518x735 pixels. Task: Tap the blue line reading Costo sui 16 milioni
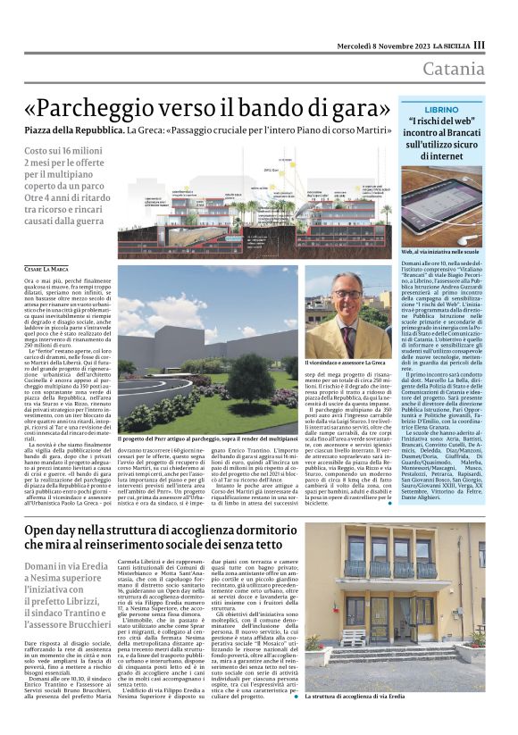pos(62,152)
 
